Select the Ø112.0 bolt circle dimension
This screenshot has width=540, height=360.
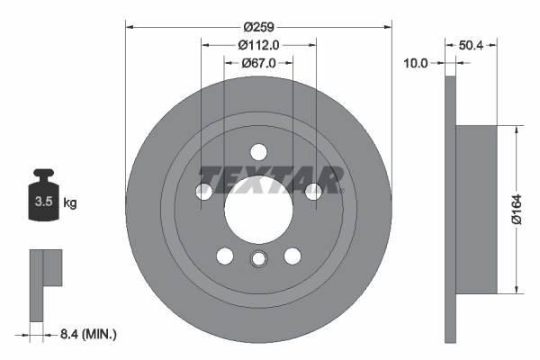(x=258, y=46)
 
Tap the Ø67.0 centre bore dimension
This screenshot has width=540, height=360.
(x=258, y=63)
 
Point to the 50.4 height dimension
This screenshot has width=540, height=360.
(x=472, y=43)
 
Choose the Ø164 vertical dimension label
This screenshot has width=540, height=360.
(x=516, y=207)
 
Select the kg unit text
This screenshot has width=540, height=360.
(x=70, y=202)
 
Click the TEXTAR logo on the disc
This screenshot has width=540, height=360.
(x=270, y=180)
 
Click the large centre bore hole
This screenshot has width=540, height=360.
(x=258, y=208)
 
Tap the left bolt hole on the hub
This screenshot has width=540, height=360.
(x=204, y=190)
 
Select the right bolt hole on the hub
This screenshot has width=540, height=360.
(x=313, y=190)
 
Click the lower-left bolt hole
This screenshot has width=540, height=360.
(x=225, y=256)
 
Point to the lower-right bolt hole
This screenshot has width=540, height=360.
(x=292, y=256)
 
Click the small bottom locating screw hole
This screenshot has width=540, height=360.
(x=258, y=260)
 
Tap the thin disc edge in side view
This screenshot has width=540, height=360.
(x=451, y=207)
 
